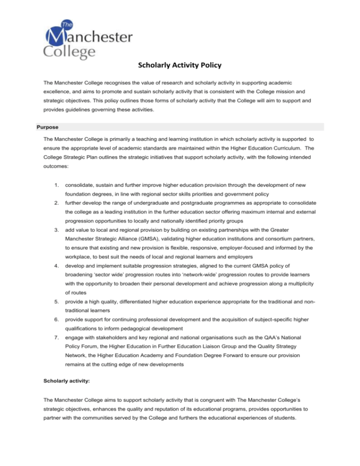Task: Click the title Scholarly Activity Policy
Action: (180, 65)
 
